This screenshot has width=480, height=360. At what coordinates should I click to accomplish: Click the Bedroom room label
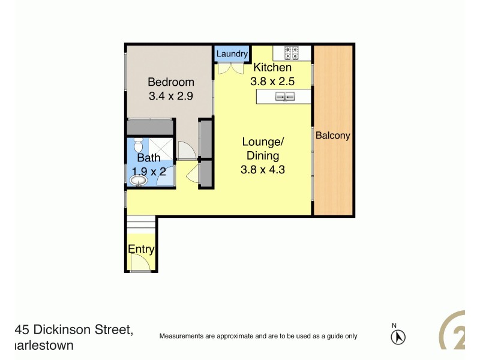click(171, 82)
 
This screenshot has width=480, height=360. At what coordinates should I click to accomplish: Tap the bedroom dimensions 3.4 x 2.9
click(171, 95)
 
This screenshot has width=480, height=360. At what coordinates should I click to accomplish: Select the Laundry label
click(232, 54)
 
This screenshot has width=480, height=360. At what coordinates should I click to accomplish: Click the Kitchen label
click(272, 68)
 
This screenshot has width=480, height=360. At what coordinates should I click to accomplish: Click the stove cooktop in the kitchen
click(291, 53)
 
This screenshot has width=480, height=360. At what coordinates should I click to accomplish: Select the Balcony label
click(332, 136)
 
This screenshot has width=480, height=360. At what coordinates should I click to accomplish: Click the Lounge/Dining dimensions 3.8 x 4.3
click(262, 170)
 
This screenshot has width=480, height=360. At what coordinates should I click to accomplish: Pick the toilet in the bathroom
click(137, 146)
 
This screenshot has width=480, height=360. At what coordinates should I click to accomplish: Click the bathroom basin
click(139, 180)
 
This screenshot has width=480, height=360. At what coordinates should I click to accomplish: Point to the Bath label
click(148, 158)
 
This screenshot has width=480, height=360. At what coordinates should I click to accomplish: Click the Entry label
click(141, 250)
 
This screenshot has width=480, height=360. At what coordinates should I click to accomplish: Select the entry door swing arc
click(142, 262)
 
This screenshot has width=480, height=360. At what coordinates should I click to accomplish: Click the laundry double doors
click(226, 68)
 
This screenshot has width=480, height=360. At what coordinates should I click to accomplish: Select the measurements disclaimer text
click(258, 337)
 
